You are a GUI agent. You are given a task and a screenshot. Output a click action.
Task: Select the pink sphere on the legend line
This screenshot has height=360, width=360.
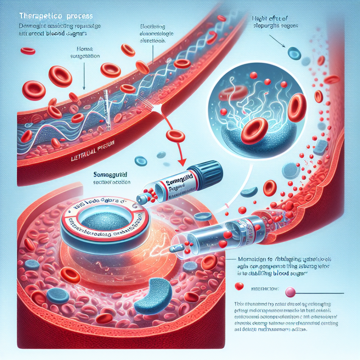[x=289, y=292]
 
